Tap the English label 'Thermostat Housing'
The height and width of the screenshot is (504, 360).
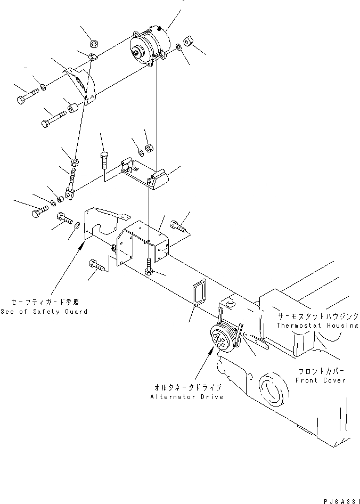click(x=317, y=325)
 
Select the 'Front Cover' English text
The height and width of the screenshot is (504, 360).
click(x=321, y=380)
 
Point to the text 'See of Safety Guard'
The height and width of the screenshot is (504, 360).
click(x=44, y=312)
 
